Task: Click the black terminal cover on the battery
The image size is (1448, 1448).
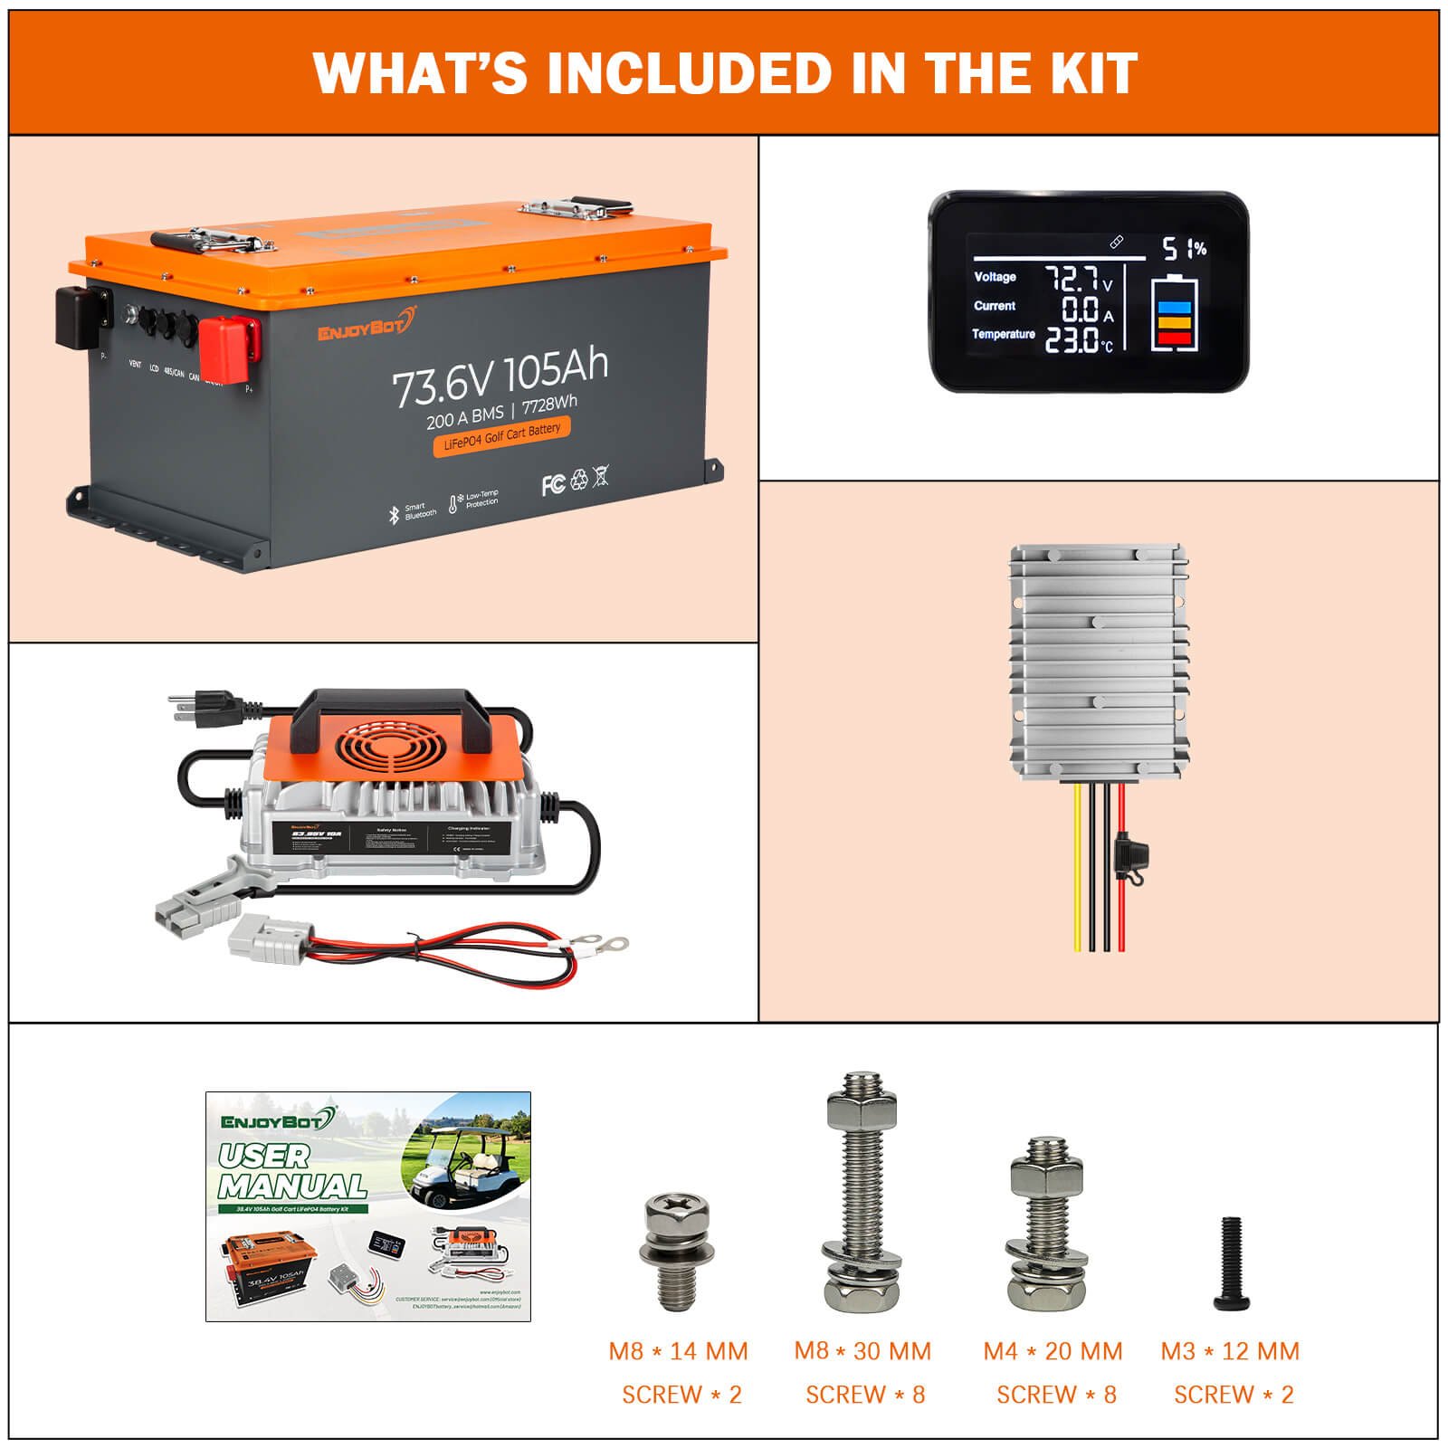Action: (x=80, y=317)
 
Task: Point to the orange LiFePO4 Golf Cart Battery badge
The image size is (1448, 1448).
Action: (x=501, y=436)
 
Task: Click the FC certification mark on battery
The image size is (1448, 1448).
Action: (x=552, y=484)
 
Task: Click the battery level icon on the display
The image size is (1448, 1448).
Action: (x=1174, y=314)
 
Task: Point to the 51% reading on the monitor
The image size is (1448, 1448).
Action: (x=1184, y=248)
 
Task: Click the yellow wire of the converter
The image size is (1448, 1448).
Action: (x=1077, y=869)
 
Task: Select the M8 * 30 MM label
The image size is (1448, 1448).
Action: (x=862, y=1351)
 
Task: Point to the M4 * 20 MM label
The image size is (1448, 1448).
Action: (x=1053, y=1351)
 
